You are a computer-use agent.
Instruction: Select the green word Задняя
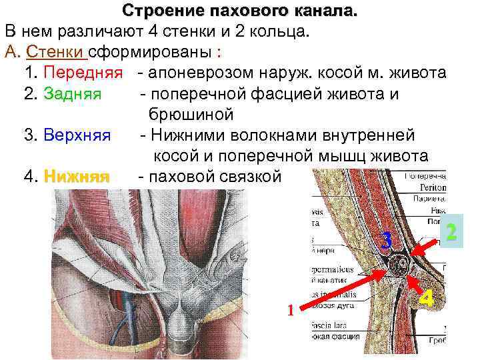[x=72, y=93]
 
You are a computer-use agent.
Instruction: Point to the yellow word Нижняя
[x=76, y=177]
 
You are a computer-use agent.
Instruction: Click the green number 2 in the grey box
[x=451, y=233]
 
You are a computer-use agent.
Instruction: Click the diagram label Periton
[x=433, y=189]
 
